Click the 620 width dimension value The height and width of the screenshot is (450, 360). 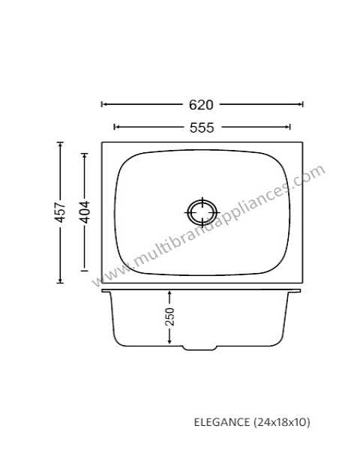[201, 105]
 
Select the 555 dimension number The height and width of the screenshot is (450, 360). [202, 127]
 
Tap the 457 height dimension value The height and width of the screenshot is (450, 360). [60, 212]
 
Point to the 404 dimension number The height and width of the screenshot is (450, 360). [85, 212]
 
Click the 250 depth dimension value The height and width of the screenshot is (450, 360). [169, 316]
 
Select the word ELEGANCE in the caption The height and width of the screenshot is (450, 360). [222, 422]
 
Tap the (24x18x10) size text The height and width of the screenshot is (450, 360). [282, 422]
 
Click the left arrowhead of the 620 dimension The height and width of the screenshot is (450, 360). [103, 104]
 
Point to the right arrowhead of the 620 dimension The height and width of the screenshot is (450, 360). [301, 104]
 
